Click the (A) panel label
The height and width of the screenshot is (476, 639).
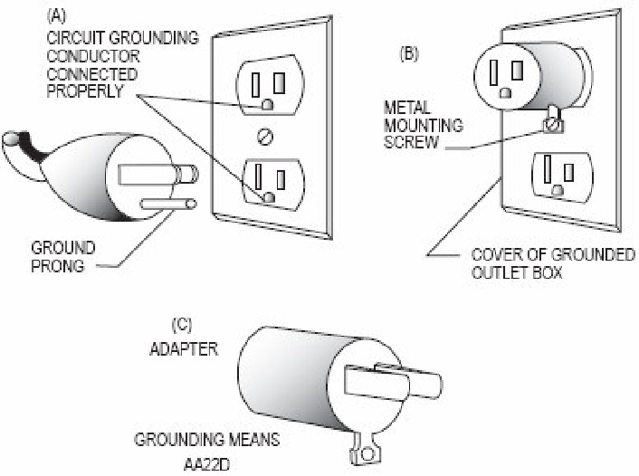pyautogui.click(x=56, y=16)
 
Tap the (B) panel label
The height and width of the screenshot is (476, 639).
pyautogui.click(x=409, y=54)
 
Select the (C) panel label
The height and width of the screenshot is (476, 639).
pyautogui.click(x=181, y=325)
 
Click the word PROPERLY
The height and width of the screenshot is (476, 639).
pyautogui.click(x=85, y=91)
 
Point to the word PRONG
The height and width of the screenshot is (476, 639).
pyautogui.click(x=58, y=266)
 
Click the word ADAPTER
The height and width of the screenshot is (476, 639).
pyautogui.click(x=184, y=349)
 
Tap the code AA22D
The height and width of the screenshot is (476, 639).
pyautogui.click(x=206, y=464)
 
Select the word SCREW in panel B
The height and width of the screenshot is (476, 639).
pyautogui.click(x=411, y=142)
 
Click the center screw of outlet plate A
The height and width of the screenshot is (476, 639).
pyautogui.click(x=265, y=137)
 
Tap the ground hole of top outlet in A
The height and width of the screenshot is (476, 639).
pyautogui.click(x=267, y=105)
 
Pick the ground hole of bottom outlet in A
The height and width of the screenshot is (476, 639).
pyautogui.click(x=269, y=197)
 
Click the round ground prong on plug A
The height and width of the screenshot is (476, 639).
pyautogui.click(x=168, y=204)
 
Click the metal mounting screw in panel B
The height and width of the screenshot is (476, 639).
pyautogui.click(x=554, y=125)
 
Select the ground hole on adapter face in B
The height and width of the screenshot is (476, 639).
pyautogui.click(x=506, y=93)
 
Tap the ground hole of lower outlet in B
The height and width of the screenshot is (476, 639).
pyautogui.click(x=558, y=189)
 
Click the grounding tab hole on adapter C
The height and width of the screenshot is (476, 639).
pyautogui.click(x=367, y=453)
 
